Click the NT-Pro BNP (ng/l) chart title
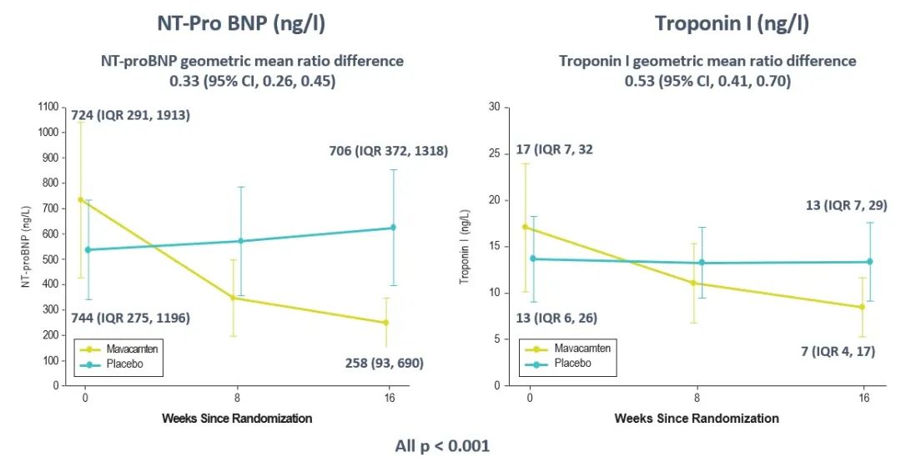tap(241, 24)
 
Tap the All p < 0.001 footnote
tap(442, 446)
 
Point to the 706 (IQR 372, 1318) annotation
tap(389, 151)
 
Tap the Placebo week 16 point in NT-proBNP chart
tap(393, 228)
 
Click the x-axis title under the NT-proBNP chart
tap(237, 419)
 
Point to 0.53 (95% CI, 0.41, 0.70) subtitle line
tap(708, 82)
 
